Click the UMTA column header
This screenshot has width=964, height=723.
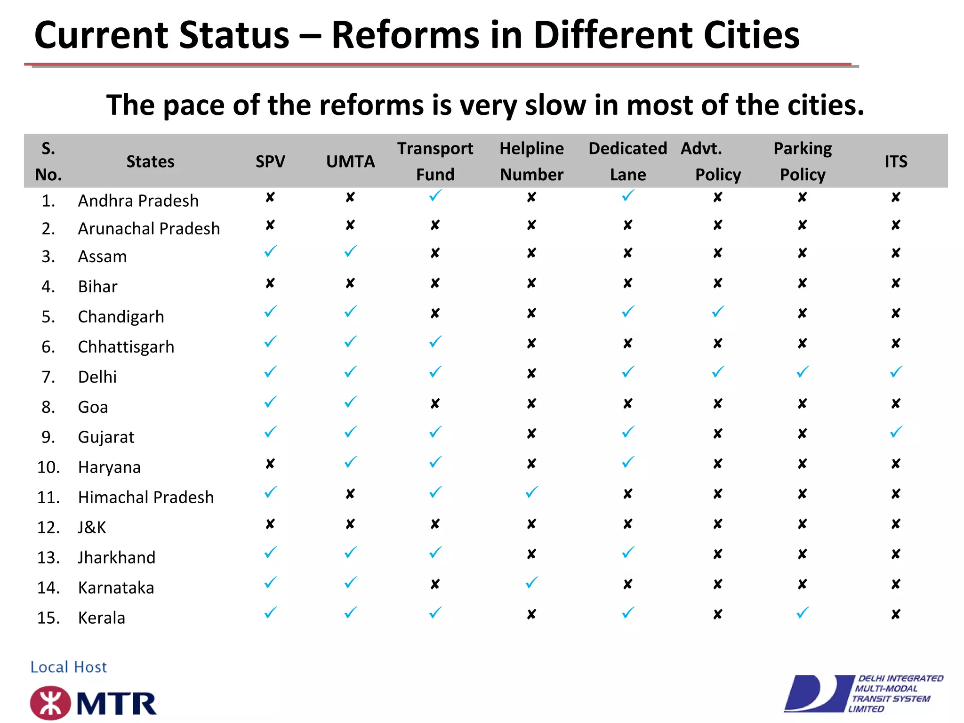(350, 161)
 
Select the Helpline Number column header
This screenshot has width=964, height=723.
(531, 161)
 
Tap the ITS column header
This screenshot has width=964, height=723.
(896, 161)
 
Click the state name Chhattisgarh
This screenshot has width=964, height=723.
(126, 347)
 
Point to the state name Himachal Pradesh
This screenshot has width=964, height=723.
(146, 498)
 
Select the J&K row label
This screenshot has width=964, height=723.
(92, 528)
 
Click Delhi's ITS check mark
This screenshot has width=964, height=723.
(896, 372)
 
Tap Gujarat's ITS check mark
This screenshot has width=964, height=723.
(896, 432)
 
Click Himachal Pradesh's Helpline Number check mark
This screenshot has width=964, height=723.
(531, 492)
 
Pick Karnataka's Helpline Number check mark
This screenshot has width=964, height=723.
(531, 583)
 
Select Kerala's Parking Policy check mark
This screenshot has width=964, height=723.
(803, 613)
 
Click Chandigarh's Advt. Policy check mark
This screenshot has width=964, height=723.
(718, 312)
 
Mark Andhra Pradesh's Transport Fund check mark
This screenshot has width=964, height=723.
(435, 195)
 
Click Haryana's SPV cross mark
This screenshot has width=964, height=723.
(270, 464)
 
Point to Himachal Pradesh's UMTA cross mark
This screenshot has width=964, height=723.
(350, 494)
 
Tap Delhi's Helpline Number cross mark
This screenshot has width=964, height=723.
(531, 374)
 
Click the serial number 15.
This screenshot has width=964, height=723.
(48, 618)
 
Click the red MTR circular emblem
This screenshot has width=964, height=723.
(50, 703)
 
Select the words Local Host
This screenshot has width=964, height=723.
(69, 667)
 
